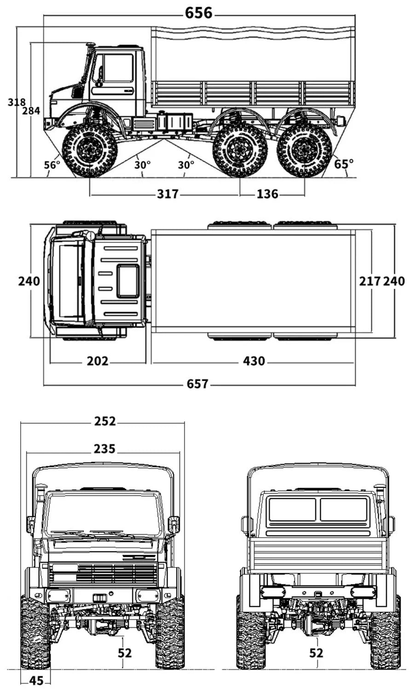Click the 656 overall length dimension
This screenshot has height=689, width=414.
[199, 13]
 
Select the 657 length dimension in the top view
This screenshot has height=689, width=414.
[197, 383]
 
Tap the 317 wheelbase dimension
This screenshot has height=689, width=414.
[167, 194]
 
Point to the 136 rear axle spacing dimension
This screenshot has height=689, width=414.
[267, 194]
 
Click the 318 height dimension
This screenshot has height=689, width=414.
[17, 102]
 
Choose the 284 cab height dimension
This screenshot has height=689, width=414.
[31, 110]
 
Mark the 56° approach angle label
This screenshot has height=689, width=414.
[52, 164]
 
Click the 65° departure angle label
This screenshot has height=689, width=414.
[344, 163]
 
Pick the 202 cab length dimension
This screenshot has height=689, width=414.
[98, 361]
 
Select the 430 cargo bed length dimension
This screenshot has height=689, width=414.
[254, 361]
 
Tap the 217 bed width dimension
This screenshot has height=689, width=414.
[370, 281]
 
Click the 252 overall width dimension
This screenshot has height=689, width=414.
[105, 421]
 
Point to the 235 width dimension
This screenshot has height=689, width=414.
[104, 448]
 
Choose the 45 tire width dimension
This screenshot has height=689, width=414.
[36, 680]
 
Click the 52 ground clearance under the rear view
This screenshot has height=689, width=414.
[316, 652]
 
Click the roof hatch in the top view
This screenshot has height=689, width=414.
[128, 281]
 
